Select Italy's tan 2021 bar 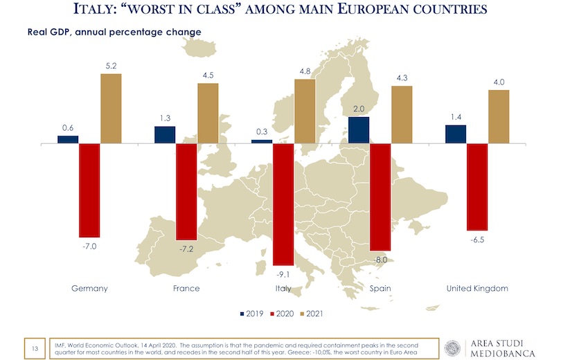click(305, 111)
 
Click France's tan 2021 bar click(208, 114)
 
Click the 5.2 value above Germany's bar click(111, 66)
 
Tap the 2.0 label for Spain click(358, 109)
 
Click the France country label click(186, 289)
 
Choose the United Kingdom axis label click(477, 289)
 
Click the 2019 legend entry click(253, 314)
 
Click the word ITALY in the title click(107, 11)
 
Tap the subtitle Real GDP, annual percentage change click(114, 33)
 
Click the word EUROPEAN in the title click(394, 11)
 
